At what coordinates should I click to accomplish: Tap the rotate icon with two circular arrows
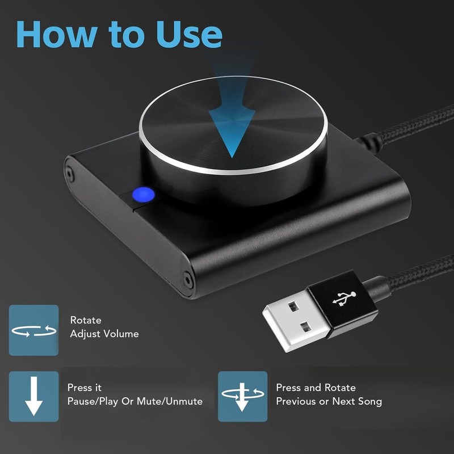point(33,330)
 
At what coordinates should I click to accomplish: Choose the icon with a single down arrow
point(33,396)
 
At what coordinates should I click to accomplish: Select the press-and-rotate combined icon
point(242,396)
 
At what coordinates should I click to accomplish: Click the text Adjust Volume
point(104,334)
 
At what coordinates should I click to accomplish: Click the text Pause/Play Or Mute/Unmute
point(135,401)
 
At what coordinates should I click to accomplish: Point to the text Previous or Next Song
point(329,401)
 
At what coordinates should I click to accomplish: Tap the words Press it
point(85,388)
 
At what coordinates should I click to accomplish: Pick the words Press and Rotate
point(316,388)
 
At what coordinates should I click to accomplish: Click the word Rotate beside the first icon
point(85,320)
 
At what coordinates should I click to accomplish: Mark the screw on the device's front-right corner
point(187,278)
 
